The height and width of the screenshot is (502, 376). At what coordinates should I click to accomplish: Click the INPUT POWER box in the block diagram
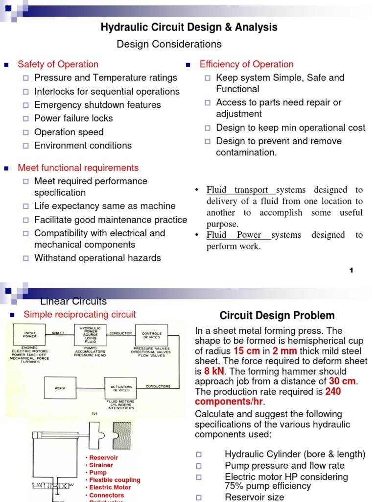click(x=30, y=335)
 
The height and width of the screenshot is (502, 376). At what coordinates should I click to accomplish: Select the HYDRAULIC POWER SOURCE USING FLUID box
click(x=91, y=335)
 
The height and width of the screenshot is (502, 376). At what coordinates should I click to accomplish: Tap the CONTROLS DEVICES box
click(x=151, y=335)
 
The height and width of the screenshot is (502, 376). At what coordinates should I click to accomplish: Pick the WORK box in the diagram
click(x=60, y=388)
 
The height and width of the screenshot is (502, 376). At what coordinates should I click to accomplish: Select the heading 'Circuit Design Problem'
click(x=277, y=316)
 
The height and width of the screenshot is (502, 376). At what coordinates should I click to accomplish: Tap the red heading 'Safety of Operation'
click(x=58, y=64)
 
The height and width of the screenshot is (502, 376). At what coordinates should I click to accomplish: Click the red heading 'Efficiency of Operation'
click(x=246, y=64)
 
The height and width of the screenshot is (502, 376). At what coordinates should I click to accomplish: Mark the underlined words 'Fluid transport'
click(x=237, y=190)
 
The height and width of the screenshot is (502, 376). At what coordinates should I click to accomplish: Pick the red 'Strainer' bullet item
click(x=101, y=465)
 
